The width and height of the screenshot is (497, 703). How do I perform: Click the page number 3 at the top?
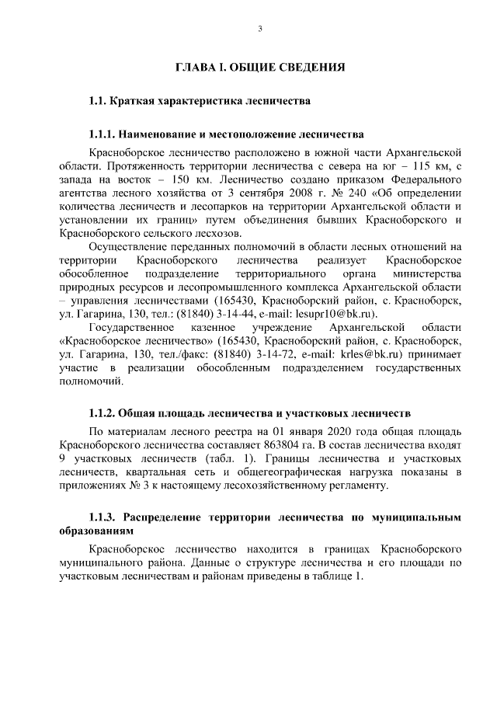(x=260, y=30)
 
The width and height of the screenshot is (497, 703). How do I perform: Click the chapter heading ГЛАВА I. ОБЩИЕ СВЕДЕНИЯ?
(x=260, y=68)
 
